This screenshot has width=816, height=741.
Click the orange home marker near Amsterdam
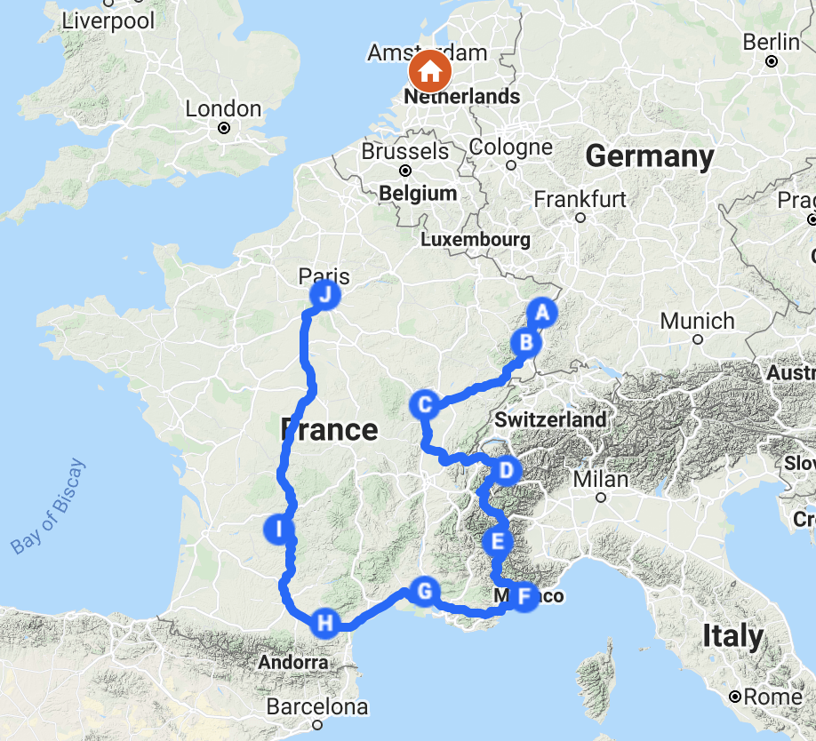coord(430,70)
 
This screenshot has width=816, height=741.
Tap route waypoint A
coord(541,313)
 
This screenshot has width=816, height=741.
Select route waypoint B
coord(525,342)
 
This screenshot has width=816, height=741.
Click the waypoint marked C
coord(425,405)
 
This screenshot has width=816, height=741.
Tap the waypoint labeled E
coord(497,540)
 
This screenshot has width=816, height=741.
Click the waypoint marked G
coord(424,591)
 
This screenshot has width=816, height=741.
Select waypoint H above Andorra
coord(325,623)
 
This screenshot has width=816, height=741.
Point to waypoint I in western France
coord(279,530)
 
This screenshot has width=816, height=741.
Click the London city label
coord(223,109)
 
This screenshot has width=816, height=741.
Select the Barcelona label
coord(318,708)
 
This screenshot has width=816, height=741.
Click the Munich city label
coord(697,321)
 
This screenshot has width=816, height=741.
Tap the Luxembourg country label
coord(475,240)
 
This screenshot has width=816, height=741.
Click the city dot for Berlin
coord(772,61)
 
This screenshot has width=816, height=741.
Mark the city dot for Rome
coord(735,697)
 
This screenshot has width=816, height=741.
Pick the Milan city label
coord(600,479)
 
